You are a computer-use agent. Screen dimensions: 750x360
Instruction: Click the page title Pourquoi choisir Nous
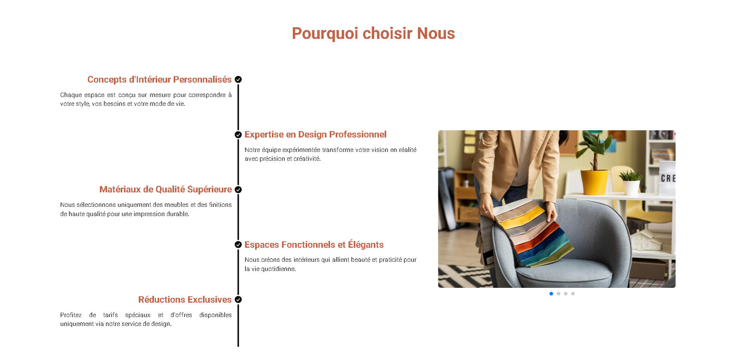[373, 33]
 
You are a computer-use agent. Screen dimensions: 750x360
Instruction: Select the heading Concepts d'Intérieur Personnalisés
[160, 79]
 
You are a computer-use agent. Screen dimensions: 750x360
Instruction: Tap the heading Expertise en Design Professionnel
[316, 134]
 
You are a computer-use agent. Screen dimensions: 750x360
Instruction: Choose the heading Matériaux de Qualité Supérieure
[166, 189]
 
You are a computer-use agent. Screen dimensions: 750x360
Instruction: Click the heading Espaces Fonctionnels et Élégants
[314, 245]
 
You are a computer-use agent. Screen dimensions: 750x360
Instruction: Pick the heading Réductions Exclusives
[185, 299]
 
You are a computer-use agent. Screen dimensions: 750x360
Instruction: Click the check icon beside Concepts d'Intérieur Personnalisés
[238, 79]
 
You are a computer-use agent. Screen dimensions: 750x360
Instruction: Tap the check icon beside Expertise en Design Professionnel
[238, 135]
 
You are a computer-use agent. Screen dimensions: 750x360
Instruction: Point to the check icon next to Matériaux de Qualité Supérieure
[238, 190]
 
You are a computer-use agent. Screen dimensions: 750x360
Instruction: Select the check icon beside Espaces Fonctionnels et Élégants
[238, 245]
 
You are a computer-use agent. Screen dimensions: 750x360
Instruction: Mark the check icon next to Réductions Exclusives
[238, 299]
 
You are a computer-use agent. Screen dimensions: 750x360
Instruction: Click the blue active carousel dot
[551, 294]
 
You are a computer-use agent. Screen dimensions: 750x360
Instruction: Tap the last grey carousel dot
[573, 294]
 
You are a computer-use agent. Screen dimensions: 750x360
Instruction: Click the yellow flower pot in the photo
[595, 182]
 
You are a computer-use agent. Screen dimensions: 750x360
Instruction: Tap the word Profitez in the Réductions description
[71, 315]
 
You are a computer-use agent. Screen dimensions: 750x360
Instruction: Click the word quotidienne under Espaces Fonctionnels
[278, 269]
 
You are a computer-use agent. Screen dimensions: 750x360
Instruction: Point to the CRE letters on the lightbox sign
[668, 178]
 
